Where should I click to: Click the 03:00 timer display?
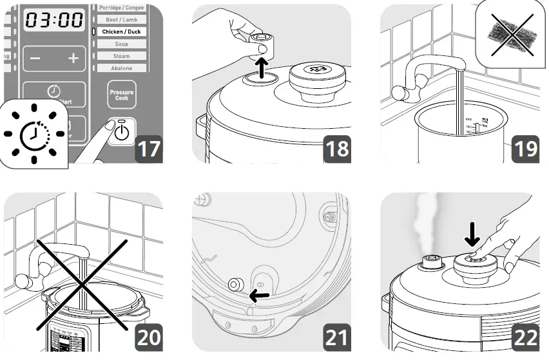pos(54,20)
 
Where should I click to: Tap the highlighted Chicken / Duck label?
pos(120,32)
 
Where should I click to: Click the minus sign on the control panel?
pos(35,59)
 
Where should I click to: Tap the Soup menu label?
pos(120,44)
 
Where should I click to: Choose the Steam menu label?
pos(120,56)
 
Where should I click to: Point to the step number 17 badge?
pos(149,149)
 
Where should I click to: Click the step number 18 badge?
pos(337,149)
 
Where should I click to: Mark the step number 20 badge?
pos(149,337)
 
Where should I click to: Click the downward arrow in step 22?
pos(472,238)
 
